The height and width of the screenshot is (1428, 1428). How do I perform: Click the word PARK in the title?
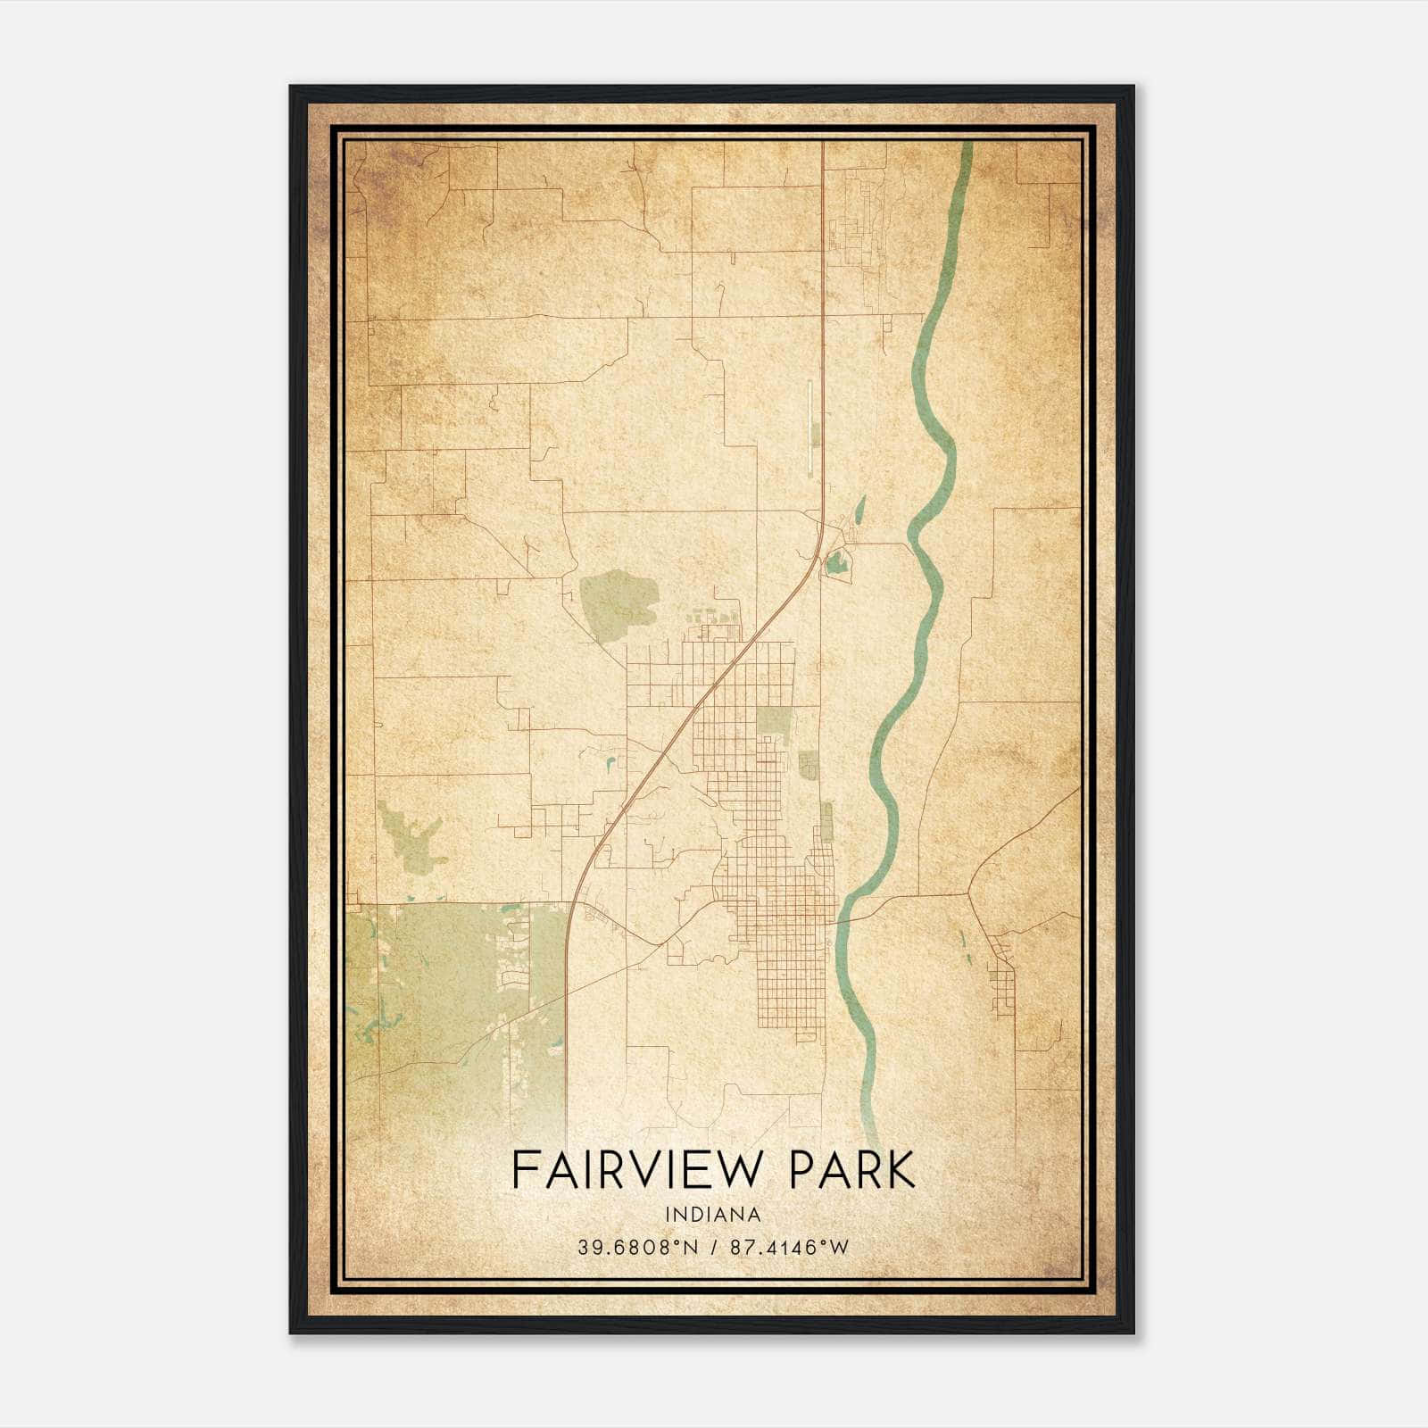853,1170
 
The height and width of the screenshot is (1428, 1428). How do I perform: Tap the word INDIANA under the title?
714,1215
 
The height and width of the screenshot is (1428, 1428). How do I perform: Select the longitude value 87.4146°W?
790,1248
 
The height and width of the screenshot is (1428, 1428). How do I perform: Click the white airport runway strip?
809,428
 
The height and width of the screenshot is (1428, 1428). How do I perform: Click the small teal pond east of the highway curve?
836,563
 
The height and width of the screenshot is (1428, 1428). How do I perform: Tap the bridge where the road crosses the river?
842,918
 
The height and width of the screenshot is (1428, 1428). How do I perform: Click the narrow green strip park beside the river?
826,821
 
